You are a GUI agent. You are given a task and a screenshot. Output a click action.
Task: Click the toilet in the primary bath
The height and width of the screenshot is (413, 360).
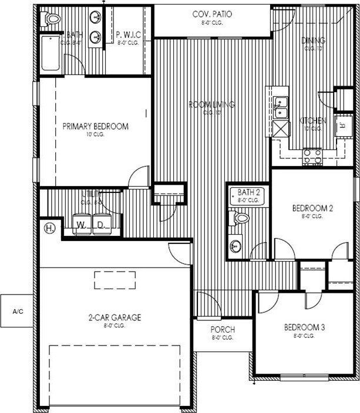pos(52,19)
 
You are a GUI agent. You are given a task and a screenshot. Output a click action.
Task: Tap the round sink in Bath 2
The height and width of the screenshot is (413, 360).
pos(236,246)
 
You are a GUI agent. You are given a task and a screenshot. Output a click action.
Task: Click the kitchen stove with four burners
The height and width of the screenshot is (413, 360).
pos(312,155)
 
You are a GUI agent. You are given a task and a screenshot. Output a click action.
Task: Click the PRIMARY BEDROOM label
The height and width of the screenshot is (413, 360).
pos(95,126)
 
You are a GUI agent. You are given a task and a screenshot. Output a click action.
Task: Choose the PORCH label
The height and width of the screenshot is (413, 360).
pos(223,330)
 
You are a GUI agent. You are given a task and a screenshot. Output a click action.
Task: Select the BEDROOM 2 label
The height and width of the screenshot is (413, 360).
pos(313,208)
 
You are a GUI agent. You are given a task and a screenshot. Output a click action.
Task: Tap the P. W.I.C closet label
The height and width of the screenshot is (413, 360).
pos(127,35)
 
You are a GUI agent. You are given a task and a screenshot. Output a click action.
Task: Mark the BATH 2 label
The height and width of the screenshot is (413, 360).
pos(248,192)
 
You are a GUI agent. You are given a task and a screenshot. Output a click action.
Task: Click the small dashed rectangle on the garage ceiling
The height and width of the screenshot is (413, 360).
pos(115,280)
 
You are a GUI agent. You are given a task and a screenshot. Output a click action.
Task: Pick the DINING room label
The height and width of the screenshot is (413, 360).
pos(313,40)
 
